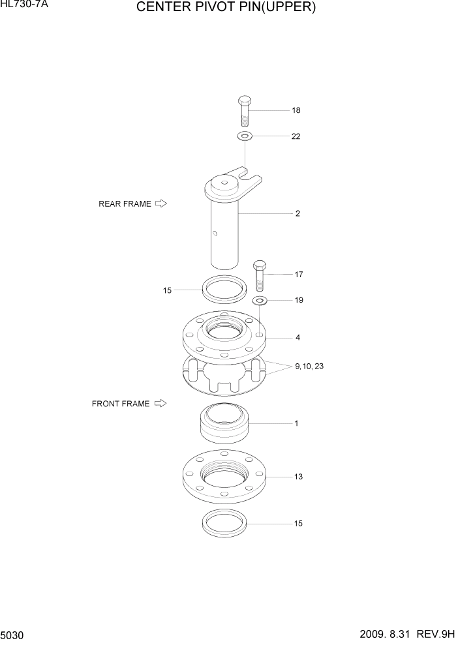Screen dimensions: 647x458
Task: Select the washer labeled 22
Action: click(x=245, y=136)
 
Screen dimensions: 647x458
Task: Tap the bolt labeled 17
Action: click(x=260, y=275)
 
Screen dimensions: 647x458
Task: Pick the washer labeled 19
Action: click(x=260, y=300)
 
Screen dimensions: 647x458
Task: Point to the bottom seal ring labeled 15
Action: click(x=223, y=522)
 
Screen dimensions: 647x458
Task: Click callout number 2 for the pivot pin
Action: click(x=298, y=213)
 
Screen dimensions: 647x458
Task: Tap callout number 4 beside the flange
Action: click(x=298, y=338)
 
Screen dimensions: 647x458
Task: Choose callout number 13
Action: click(x=298, y=477)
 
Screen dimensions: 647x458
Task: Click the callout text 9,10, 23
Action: click(x=309, y=367)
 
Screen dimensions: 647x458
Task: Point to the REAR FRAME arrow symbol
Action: click(x=161, y=203)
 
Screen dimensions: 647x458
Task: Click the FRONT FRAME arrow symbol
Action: click(x=160, y=404)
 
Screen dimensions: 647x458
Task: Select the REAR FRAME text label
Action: click(x=125, y=203)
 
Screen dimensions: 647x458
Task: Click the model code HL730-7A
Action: click(x=24, y=5)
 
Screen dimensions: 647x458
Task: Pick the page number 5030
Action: click(x=12, y=635)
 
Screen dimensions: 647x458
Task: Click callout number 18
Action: click(x=296, y=110)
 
